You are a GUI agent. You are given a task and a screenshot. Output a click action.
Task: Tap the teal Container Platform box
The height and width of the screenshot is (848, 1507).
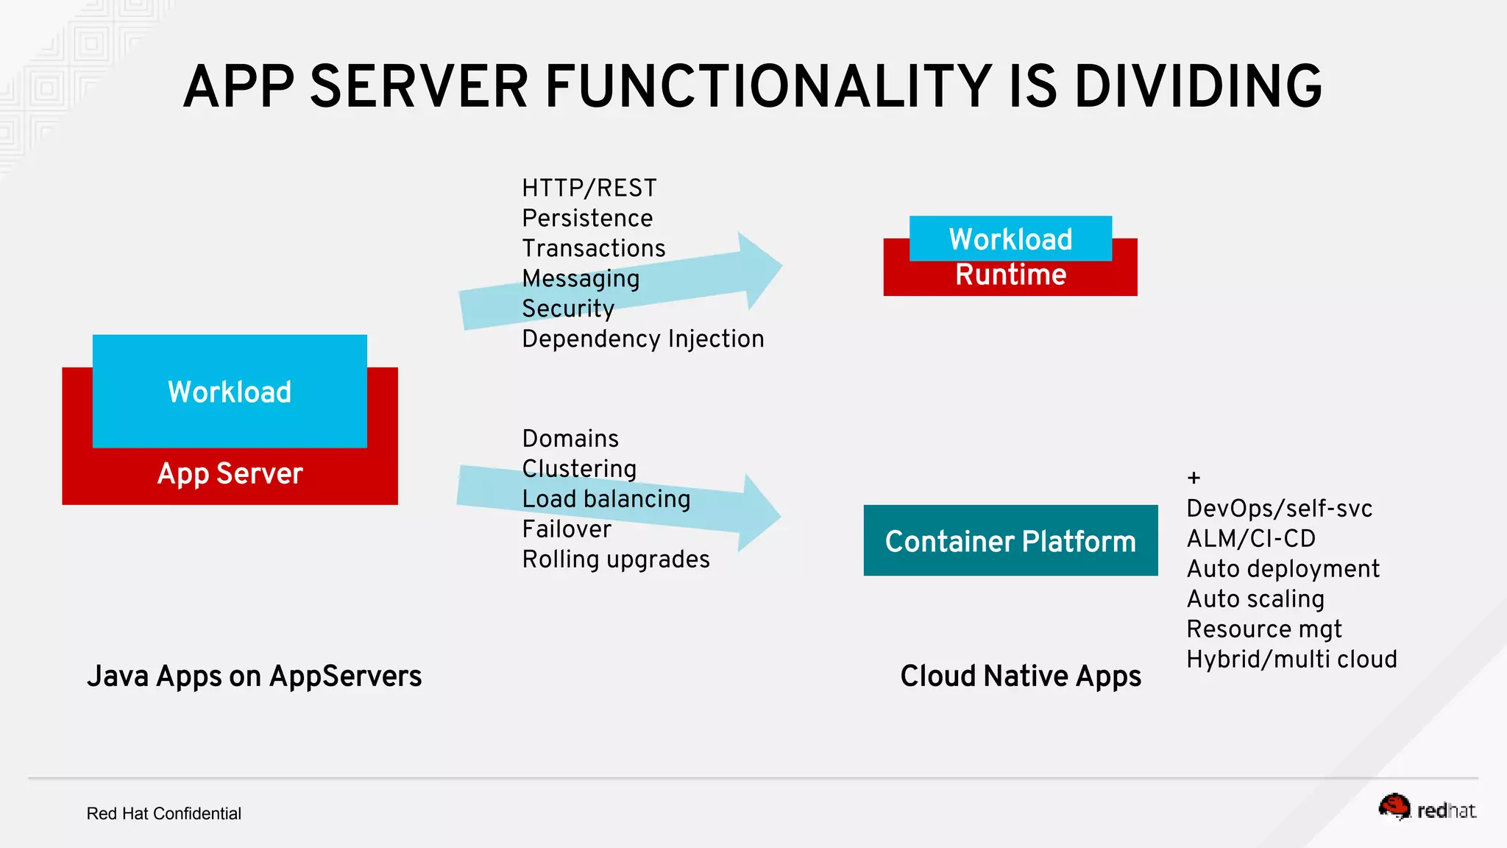click(x=1010, y=541)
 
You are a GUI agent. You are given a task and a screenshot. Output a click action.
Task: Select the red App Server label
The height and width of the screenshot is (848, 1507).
click(x=230, y=474)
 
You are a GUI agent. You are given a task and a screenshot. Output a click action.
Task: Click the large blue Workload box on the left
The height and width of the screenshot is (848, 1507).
click(x=230, y=391)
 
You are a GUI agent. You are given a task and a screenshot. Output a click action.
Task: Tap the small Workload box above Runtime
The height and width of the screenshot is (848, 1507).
click(x=1010, y=239)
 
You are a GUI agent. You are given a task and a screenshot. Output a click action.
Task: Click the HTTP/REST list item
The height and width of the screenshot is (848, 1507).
click(x=589, y=188)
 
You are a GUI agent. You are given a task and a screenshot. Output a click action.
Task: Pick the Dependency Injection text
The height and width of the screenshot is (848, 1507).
click(x=643, y=339)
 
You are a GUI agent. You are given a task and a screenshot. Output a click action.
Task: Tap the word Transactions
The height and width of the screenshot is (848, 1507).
click(x=593, y=249)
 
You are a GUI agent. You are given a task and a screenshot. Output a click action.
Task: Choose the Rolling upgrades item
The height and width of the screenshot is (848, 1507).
click(x=616, y=560)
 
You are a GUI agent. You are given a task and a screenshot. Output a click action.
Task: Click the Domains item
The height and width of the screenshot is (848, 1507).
click(x=570, y=439)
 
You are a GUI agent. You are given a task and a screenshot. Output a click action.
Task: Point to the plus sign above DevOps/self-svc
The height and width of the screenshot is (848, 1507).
click(x=1194, y=478)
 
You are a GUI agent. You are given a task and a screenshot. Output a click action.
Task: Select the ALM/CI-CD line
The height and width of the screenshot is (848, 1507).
click(x=1251, y=539)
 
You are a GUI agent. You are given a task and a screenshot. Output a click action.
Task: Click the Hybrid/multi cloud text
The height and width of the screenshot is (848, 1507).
click(x=1291, y=660)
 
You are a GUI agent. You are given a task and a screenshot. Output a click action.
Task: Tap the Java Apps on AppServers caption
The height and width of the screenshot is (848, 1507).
click(x=254, y=676)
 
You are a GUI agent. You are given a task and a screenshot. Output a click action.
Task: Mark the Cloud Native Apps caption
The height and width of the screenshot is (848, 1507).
click(x=1021, y=676)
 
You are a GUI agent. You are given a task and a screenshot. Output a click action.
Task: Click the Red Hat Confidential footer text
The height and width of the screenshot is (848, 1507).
click(x=163, y=813)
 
